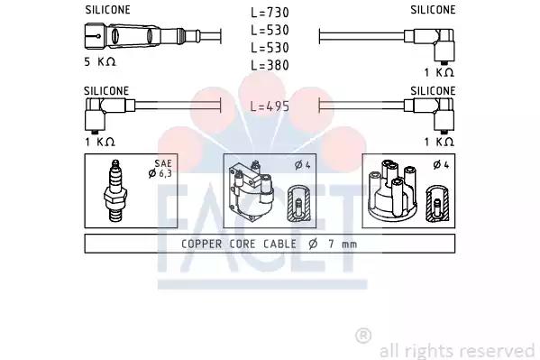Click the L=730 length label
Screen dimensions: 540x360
270,13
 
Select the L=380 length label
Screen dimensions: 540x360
270,65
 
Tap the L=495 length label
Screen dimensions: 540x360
270,106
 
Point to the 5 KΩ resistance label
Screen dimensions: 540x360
100,61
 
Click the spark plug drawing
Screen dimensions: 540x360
115,190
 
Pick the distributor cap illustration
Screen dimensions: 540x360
392,190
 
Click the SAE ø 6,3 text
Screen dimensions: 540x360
160,169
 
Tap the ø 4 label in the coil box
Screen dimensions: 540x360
303,165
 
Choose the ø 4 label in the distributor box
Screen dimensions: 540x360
441,165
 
